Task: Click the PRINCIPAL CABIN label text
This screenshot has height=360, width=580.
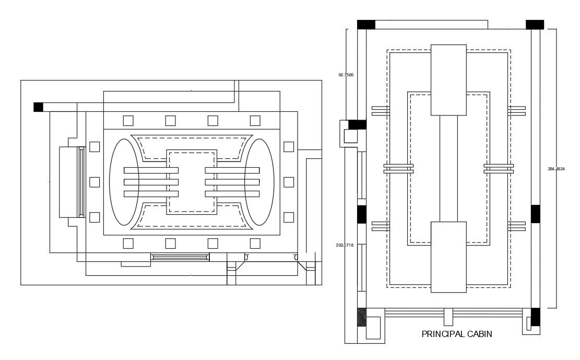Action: coord(456,334)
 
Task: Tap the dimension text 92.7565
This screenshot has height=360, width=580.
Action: coord(346,75)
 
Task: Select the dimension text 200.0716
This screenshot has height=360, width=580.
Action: coord(346,245)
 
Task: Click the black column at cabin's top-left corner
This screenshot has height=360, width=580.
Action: coord(366,25)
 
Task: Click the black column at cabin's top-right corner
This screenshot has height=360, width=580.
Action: coord(535,25)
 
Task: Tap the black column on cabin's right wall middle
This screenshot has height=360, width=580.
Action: coord(535,214)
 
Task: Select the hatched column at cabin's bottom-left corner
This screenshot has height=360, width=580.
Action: coord(361,317)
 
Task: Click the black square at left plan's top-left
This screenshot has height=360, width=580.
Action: coord(38,107)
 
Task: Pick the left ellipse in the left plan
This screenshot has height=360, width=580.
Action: coord(124,182)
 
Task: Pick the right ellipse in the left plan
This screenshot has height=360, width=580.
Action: coord(259,182)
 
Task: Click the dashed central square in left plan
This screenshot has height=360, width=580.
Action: coord(192,182)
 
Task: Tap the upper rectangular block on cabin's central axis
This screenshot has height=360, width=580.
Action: coord(448,79)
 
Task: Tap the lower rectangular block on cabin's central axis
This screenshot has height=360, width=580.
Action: coord(448,257)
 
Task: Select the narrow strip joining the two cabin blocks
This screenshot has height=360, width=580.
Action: coord(448,168)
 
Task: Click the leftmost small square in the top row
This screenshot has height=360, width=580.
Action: coord(128,121)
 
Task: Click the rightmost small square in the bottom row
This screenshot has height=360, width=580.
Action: coord(255,243)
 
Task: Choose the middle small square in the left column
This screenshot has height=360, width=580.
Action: coord(94,182)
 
